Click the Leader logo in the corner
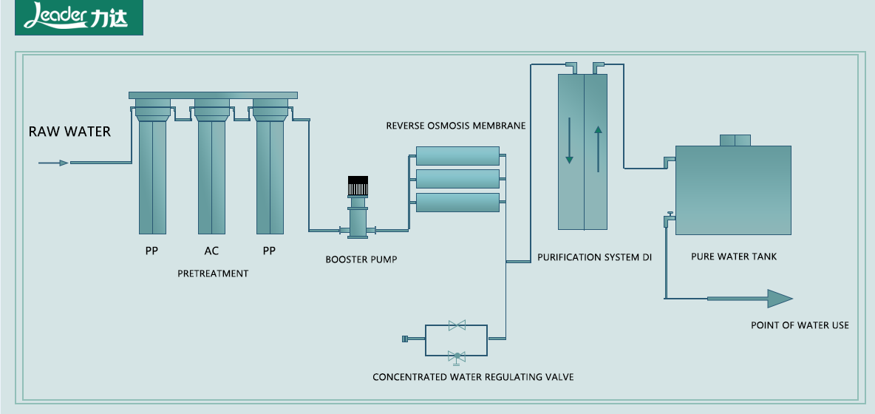78,18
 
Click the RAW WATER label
69,132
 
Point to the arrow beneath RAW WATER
53,163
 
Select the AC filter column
211,174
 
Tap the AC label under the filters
211,251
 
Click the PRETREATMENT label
213,274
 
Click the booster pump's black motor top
358,186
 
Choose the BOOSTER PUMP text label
361,259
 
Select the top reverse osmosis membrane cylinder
457,155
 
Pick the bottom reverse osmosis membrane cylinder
457,202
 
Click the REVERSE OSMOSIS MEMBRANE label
455,126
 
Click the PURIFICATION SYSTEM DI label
594,257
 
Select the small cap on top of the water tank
735,140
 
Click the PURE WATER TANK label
734,257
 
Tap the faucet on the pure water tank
669,218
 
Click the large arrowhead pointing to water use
778,298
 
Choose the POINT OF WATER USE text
800,325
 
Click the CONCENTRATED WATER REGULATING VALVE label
473,377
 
